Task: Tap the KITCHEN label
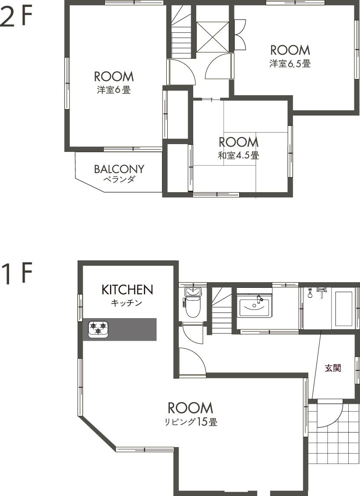pyautogui.click(x=127, y=290)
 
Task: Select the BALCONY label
pyautogui.click(x=119, y=169)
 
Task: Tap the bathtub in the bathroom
pyautogui.click(x=344, y=309)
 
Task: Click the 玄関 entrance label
pyautogui.click(x=333, y=368)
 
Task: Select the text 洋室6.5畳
pyautogui.click(x=290, y=64)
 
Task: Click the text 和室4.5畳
pyautogui.click(x=239, y=155)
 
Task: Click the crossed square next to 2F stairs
pyautogui.click(x=212, y=37)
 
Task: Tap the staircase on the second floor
pyautogui.click(x=182, y=32)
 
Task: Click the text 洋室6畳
pyautogui.click(x=114, y=90)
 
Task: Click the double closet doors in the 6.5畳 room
pyautogui.click(x=240, y=35)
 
